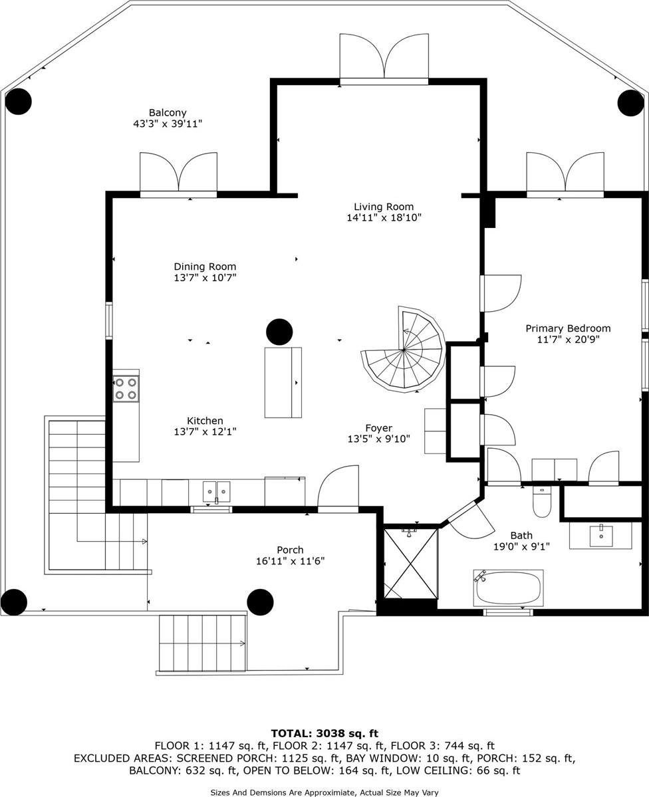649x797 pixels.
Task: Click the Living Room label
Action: [x=384, y=207]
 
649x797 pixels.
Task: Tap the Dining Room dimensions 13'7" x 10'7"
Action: [x=205, y=278]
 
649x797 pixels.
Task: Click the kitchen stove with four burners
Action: [x=126, y=388]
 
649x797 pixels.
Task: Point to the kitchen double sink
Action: [x=216, y=493]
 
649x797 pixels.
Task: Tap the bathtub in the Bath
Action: [x=508, y=588]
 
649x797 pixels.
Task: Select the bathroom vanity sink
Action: [x=600, y=535]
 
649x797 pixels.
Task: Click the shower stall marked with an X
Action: [x=411, y=563]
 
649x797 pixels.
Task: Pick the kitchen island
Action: [x=283, y=382]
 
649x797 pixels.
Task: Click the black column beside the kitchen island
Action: [x=279, y=332]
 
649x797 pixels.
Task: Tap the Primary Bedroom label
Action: [x=568, y=328]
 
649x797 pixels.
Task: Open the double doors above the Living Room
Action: [x=384, y=58]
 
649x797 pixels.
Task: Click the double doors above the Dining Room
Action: [x=178, y=173]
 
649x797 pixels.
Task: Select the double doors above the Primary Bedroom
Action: [x=565, y=173]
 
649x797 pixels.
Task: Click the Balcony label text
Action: [x=168, y=113]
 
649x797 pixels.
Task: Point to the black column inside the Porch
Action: [x=260, y=602]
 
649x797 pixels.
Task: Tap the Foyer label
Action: [x=378, y=428]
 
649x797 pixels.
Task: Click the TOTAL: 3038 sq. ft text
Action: [x=324, y=733]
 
